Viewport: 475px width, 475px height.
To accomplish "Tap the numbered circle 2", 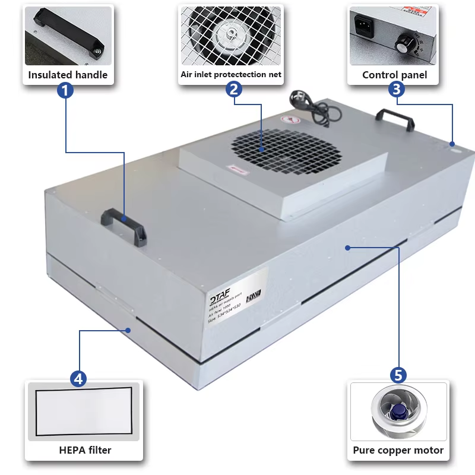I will [234, 90].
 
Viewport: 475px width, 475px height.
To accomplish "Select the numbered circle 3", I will [397, 90].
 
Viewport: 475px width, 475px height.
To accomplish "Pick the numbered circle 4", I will [78, 378].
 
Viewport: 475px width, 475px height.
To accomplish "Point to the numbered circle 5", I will [398, 375].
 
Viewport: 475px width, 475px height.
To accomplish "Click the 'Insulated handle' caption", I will [68, 75].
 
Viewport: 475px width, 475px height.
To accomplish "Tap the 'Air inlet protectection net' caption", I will [231, 75].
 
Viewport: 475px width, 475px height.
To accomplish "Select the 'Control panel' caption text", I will [394, 75].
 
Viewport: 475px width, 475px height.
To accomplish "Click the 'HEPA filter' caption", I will [85, 449].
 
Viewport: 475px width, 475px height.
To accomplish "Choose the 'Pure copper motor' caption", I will [398, 450].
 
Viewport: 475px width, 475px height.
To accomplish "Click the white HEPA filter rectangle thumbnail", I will [83, 410].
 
